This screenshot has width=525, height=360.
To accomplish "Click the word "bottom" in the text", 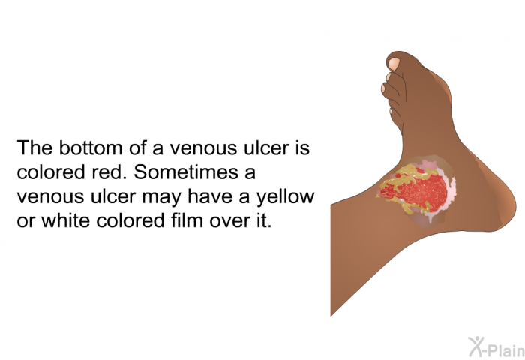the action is tap(91, 148).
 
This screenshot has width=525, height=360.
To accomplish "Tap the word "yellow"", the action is tap(286, 197).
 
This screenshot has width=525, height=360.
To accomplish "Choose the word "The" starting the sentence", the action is tap(34, 148).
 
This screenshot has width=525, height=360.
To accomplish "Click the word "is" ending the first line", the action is tap(303, 148).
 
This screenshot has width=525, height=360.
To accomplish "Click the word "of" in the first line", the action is tap(137, 148).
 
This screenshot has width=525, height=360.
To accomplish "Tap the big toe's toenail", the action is tap(394, 64).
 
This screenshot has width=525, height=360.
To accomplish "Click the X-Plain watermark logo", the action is tap(496, 346).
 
